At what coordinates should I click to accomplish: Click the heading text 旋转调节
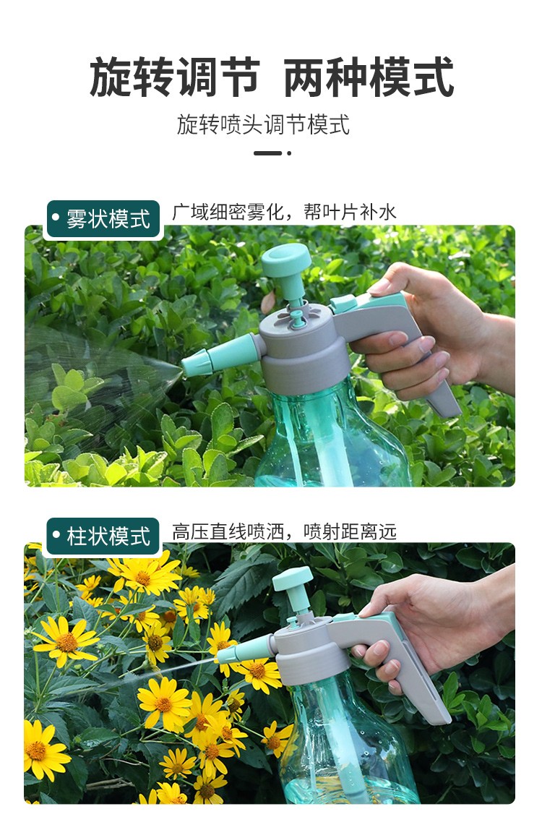[x=175, y=77]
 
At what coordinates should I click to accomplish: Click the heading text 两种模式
[x=369, y=77]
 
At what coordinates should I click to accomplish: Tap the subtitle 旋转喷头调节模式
[x=263, y=125]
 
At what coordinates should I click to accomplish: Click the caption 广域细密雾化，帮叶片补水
[x=284, y=213]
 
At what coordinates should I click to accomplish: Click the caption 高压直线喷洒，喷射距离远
[x=284, y=531]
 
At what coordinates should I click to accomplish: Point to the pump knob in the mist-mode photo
[x=286, y=260]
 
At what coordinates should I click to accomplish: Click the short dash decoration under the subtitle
[x=267, y=153]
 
